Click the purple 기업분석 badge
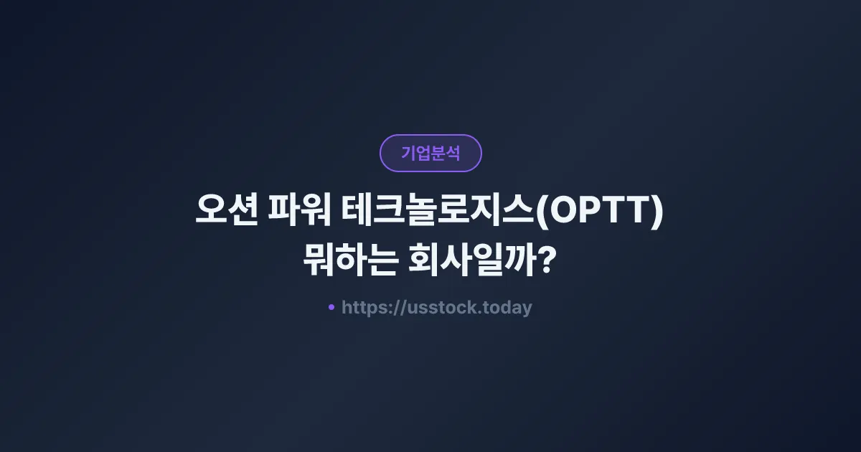(x=430, y=153)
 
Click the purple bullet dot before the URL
(x=331, y=307)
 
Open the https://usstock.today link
(x=436, y=308)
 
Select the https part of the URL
(x=362, y=308)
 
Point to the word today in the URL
(x=508, y=308)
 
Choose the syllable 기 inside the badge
(x=408, y=153)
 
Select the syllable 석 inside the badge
(x=453, y=153)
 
